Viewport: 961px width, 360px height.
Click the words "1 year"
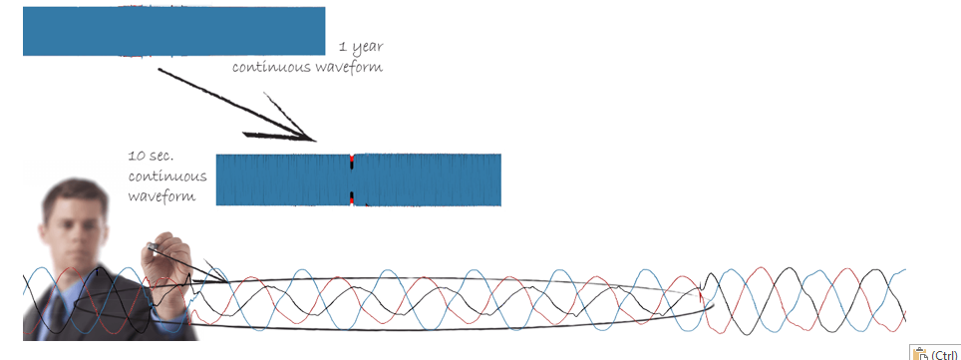361,47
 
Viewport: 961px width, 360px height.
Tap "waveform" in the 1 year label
349,67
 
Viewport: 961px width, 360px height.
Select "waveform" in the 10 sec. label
161,196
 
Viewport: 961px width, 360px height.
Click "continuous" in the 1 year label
271,67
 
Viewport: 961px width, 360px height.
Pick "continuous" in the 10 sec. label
167,177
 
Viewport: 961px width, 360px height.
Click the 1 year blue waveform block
174,31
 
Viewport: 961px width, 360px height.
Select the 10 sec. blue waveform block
359,180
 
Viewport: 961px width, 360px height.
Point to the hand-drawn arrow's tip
315,141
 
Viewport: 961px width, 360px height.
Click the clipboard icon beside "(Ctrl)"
920,353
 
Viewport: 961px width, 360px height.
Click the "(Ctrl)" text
944,354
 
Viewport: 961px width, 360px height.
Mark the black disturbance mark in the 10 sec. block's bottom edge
353,197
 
